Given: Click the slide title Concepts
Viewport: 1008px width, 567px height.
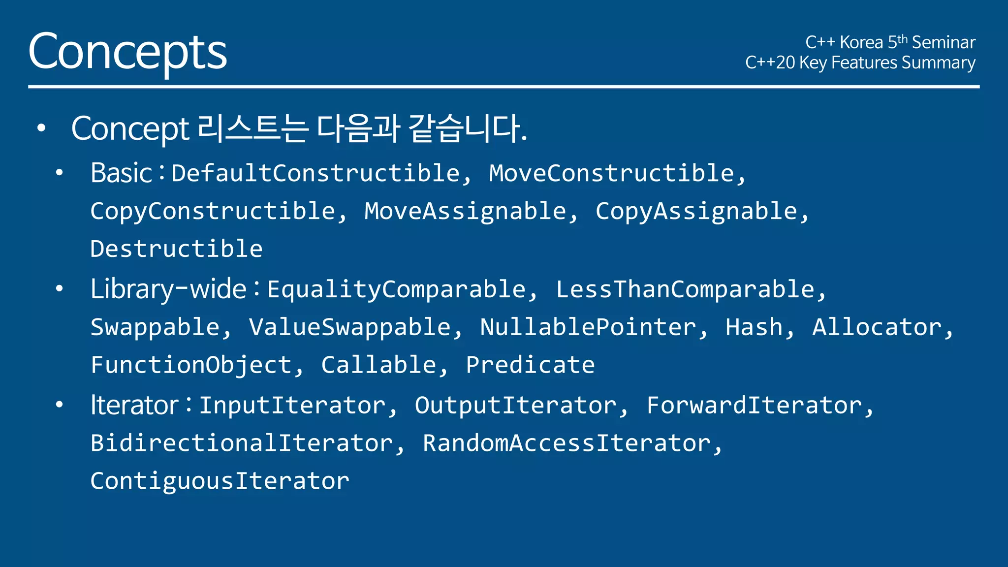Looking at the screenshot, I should click(127, 52).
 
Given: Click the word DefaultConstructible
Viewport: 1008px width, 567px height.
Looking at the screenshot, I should click(315, 173).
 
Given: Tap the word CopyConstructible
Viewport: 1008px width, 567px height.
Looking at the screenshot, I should click(213, 212).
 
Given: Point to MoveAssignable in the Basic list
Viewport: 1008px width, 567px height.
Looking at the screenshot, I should click(465, 212).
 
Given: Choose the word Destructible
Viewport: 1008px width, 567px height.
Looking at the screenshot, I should click(176, 249).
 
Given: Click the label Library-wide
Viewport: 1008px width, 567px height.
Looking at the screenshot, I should click(168, 289).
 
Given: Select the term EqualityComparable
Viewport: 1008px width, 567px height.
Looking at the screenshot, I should click(396, 289).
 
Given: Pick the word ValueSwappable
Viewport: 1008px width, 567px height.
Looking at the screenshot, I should click(349, 328).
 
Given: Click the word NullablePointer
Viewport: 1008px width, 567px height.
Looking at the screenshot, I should click(588, 328).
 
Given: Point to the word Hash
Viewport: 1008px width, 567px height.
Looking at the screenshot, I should click(754, 328).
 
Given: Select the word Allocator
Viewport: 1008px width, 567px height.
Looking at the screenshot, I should click(877, 328).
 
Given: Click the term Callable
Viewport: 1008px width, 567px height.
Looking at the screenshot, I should click(378, 365).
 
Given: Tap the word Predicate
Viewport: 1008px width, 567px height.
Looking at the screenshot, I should click(530, 365).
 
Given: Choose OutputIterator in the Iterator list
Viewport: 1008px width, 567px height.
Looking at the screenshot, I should click(515, 406).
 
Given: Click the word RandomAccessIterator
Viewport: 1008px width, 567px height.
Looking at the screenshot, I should click(567, 443).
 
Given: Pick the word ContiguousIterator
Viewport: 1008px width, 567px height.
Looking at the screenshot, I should click(220, 481).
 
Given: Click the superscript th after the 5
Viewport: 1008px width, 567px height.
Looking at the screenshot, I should click(902, 38).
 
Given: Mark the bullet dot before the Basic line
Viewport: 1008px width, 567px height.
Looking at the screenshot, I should click(60, 173).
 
